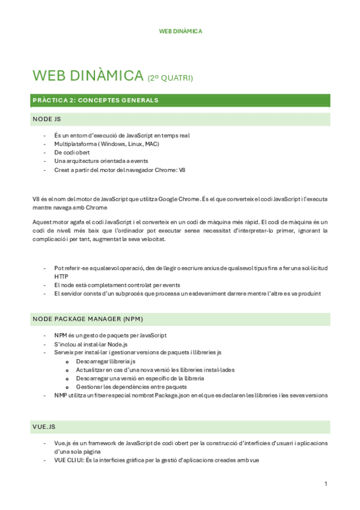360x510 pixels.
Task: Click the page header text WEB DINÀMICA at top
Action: click(x=180, y=31)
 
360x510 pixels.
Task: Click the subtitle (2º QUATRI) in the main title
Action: click(x=170, y=78)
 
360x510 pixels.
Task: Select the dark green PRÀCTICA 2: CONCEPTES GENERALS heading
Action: click(x=96, y=100)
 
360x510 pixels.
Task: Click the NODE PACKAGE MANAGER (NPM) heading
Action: click(x=88, y=318)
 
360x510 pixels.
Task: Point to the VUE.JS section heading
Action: click(x=45, y=426)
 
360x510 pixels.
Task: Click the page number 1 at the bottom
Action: click(x=325, y=484)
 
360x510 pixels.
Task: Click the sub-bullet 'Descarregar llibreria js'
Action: click(x=105, y=361)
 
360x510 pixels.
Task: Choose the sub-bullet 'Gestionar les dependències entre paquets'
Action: click(x=131, y=387)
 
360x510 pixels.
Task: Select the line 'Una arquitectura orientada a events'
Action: click(x=101, y=161)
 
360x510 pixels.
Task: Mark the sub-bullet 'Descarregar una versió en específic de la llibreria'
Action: click(x=140, y=378)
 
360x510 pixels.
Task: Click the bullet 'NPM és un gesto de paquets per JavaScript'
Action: click(x=110, y=335)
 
